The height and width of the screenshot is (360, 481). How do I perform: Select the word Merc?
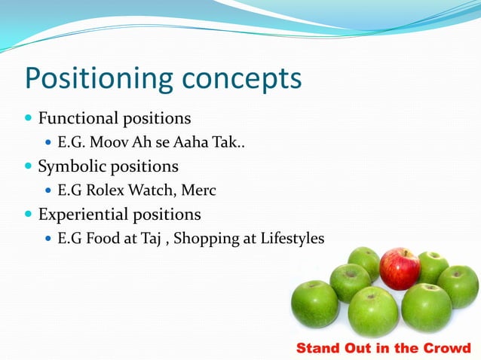(200, 191)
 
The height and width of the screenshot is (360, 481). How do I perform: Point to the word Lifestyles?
(290, 239)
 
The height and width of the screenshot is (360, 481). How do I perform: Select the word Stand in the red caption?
(319, 348)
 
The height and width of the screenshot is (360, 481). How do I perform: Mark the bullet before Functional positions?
(29, 119)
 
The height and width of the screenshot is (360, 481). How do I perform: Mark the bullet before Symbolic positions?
(29, 166)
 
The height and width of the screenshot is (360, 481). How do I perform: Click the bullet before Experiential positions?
(29, 215)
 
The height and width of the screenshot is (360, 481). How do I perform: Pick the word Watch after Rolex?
(152, 191)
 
